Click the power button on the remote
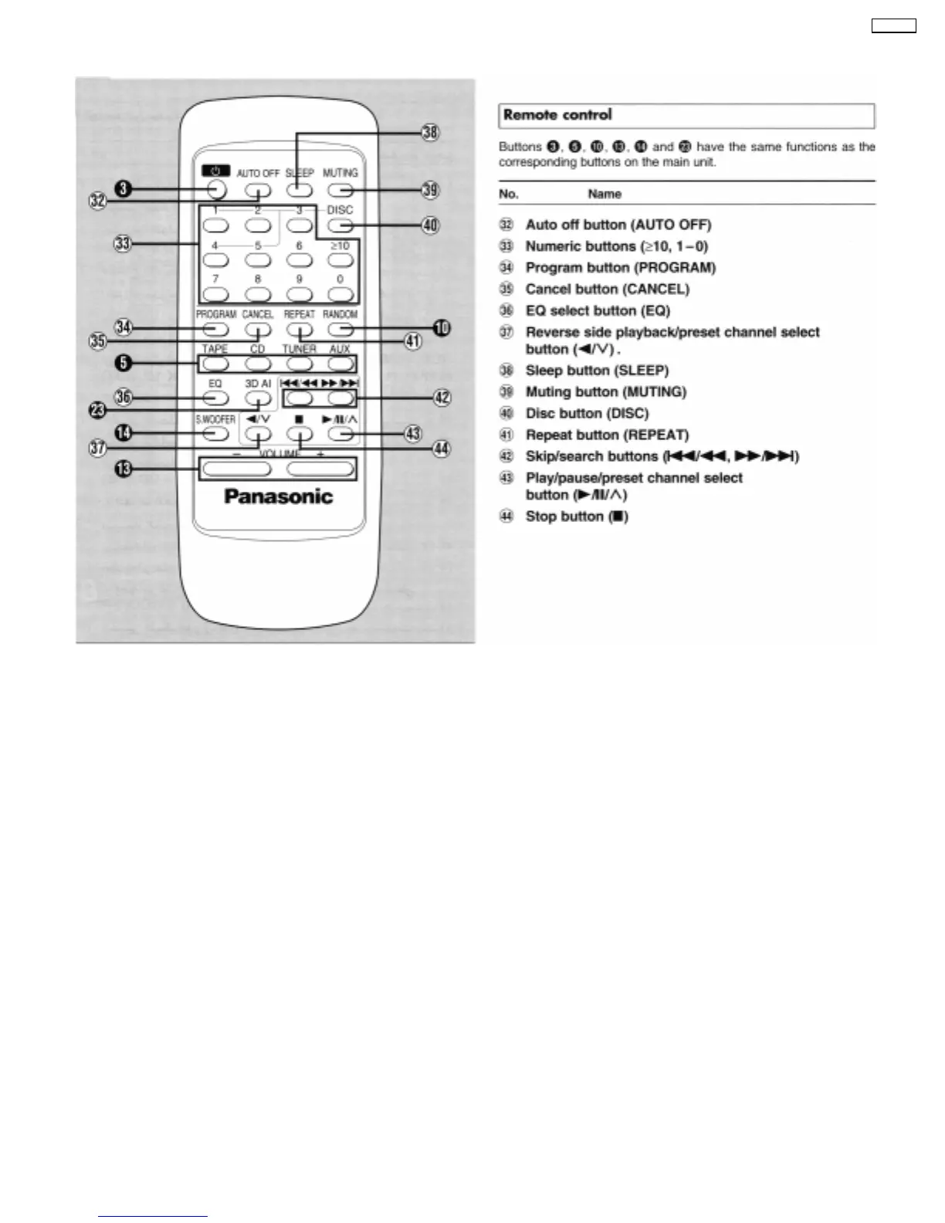click(x=217, y=188)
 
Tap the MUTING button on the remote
click(x=340, y=189)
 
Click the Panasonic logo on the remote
click(x=278, y=496)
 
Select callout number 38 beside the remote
click(x=430, y=133)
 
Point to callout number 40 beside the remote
click(x=430, y=225)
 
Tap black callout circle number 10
click(x=441, y=328)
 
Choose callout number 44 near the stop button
click(x=441, y=449)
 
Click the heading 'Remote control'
click(x=557, y=115)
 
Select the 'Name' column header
click(x=605, y=194)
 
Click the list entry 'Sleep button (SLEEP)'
click(x=597, y=370)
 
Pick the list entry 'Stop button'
click(x=577, y=517)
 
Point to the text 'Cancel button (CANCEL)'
click(x=607, y=289)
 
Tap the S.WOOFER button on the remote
click(x=215, y=434)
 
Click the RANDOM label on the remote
click(x=340, y=314)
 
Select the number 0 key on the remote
click(x=340, y=294)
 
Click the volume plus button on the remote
click(x=320, y=469)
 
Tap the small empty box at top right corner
click(x=893, y=26)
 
